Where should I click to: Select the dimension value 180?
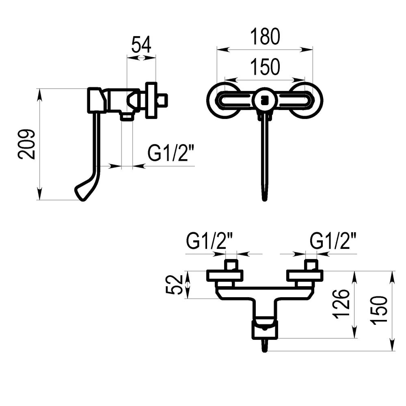tap(265, 37)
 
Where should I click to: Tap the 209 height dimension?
tap(26, 144)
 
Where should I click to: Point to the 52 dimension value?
tap(174, 284)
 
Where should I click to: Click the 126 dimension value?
tap(341, 304)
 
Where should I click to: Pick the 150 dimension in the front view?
tap(265, 67)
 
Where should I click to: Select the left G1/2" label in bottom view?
tap(209, 240)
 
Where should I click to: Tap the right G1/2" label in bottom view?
tap(333, 240)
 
